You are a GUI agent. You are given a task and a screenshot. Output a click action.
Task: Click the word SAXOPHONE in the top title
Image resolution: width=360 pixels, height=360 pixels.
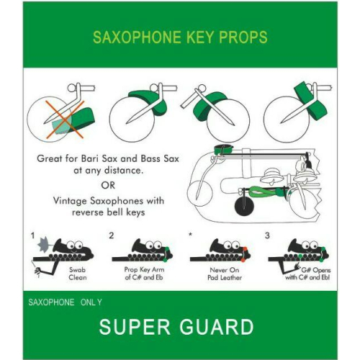pyautogui.click(x=137, y=37)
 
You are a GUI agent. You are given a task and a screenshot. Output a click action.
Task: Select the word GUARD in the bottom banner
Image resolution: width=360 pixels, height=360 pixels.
pyautogui.click(x=216, y=327)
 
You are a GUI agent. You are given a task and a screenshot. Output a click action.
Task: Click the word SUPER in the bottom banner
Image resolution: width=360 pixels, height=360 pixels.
pyautogui.click(x=135, y=327)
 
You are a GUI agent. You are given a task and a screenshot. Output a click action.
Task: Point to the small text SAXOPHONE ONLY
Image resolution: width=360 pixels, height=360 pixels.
pyautogui.click(x=65, y=302)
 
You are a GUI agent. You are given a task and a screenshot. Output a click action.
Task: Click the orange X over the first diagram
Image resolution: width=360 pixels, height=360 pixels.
pyautogui.click(x=65, y=120)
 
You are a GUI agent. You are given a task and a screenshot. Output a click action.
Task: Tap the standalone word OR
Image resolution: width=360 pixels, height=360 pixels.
pyautogui.click(x=108, y=185)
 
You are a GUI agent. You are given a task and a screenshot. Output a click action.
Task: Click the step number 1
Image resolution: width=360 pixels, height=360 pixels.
pyautogui.click(x=32, y=235)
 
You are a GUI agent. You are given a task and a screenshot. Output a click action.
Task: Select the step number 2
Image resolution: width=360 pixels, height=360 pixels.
pyautogui.click(x=111, y=235)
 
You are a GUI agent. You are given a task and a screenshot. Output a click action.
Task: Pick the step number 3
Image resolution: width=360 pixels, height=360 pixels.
pyautogui.click(x=267, y=235)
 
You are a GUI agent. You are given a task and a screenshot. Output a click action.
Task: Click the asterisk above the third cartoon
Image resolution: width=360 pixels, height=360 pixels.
pyautogui.click(x=190, y=234)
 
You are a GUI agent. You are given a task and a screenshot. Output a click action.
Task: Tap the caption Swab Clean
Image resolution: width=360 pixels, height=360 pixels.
pyautogui.click(x=78, y=274)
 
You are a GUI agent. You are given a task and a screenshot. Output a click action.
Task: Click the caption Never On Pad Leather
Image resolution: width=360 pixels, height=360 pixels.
pyautogui.click(x=225, y=274)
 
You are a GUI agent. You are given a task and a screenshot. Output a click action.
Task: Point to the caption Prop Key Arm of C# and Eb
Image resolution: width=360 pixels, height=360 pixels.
pyautogui.click(x=144, y=274)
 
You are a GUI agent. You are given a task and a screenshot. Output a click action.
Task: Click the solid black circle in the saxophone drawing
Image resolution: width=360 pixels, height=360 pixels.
pyautogui.click(x=244, y=207)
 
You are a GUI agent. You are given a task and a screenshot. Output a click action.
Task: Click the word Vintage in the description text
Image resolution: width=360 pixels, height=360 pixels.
pyautogui.click(x=70, y=201)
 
